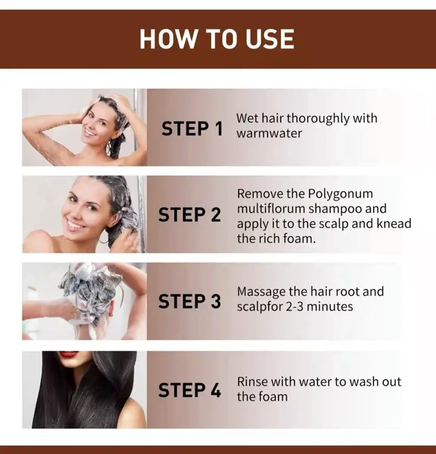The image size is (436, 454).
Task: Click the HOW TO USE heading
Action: pyautogui.click(x=216, y=39)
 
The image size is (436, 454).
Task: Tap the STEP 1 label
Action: pyautogui.click(x=192, y=129)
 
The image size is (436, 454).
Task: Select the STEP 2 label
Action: pyautogui.click(x=189, y=215)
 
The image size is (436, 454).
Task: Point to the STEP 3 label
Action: pyautogui.click(x=189, y=301)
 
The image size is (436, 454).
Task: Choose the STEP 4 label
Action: pyautogui.click(x=189, y=390)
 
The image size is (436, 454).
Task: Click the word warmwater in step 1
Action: pyautogui.click(x=269, y=134)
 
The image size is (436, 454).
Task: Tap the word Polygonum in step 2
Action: pyautogui.click(x=340, y=194)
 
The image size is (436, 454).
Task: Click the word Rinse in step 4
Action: pyautogui.click(x=252, y=381)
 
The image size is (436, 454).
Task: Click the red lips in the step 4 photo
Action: pyautogui.click(x=69, y=354)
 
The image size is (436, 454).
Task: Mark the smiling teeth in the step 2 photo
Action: pyautogui.click(x=74, y=225)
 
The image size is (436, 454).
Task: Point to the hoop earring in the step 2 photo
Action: pyautogui.click(x=103, y=241)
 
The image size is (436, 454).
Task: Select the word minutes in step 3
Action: pyautogui.click(x=330, y=306)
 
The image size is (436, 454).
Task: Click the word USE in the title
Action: pyautogui.click(x=269, y=39)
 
